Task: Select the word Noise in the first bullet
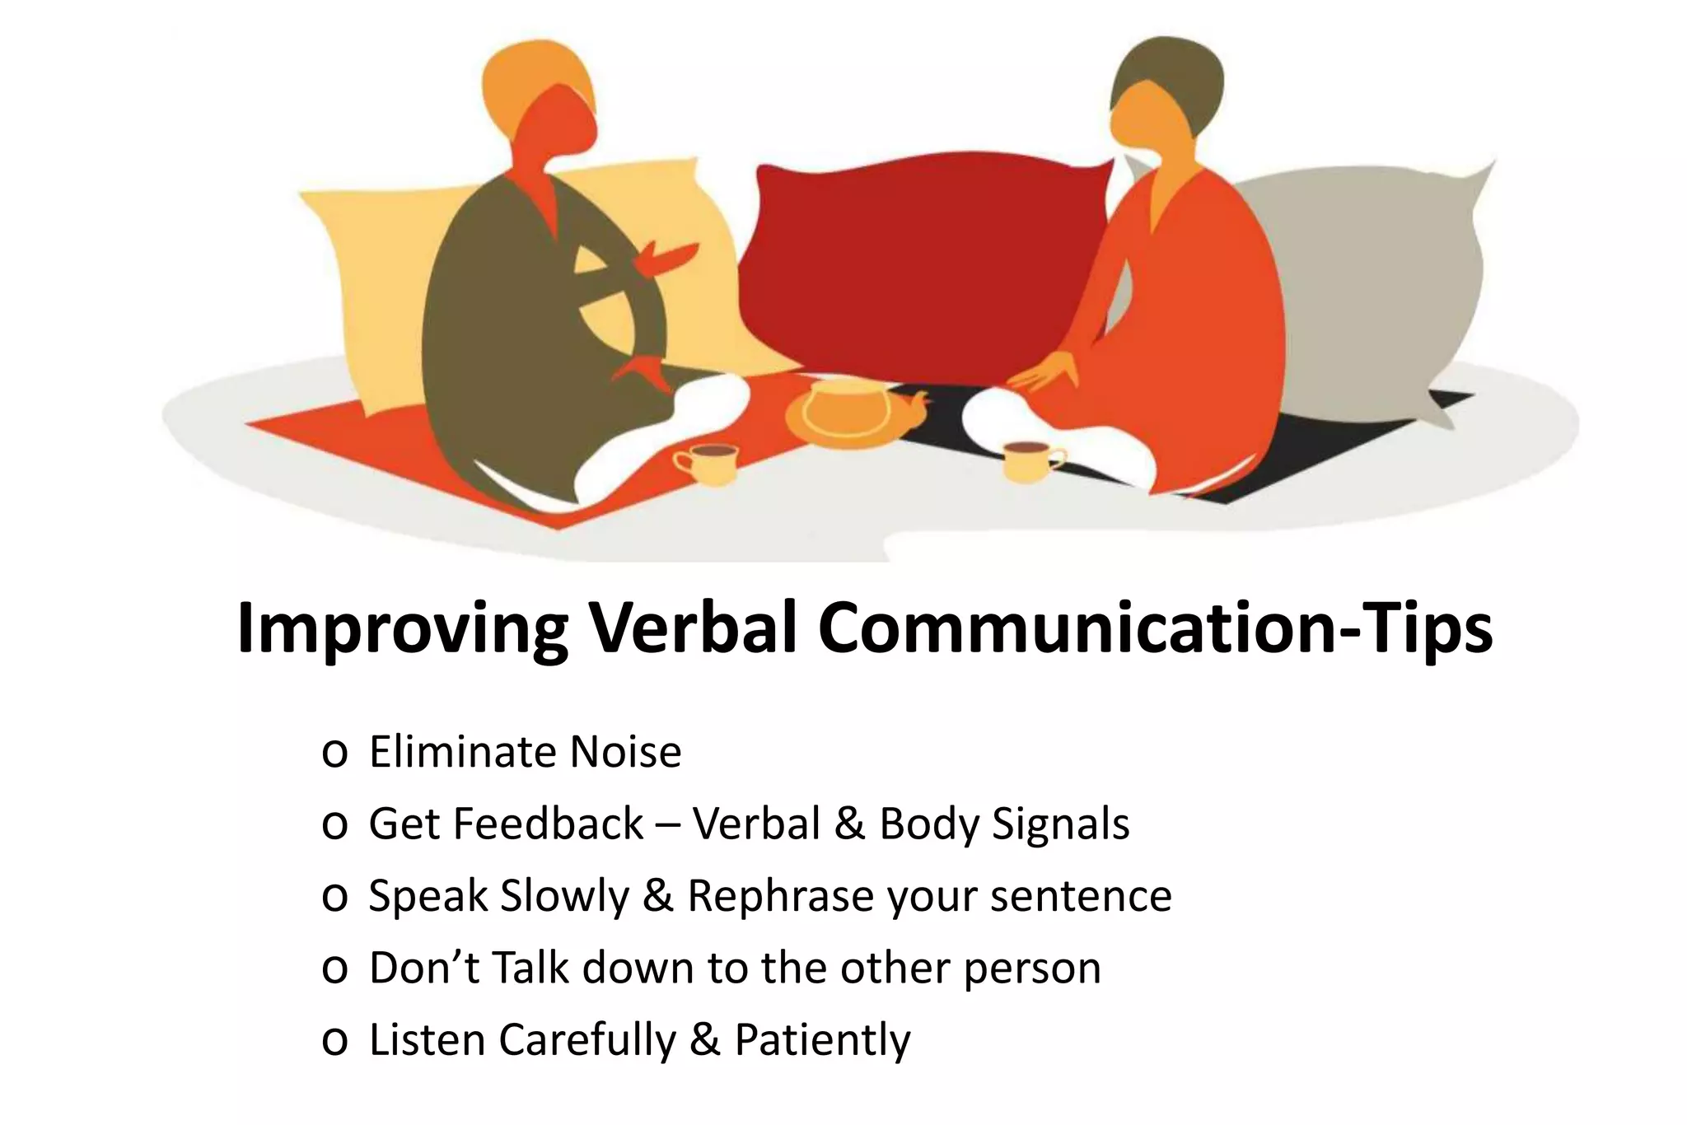tap(625, 752)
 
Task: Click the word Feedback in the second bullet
tap(549, 824)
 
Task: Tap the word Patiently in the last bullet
tap(822, 1039)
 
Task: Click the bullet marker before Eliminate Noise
tap(334, 754)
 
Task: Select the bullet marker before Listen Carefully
tap(334, 1041)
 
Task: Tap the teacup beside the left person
tap(707, 464)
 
